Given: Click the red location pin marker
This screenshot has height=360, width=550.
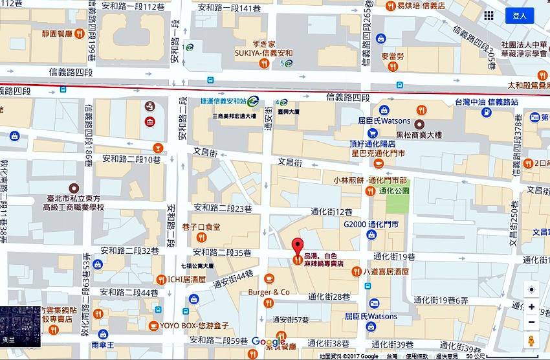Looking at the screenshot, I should (297, 247).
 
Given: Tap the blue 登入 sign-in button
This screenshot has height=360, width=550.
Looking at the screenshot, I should (519, 16).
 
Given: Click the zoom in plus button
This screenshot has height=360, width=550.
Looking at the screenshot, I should (531, 307).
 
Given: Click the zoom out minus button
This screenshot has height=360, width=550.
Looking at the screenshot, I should (531, 322).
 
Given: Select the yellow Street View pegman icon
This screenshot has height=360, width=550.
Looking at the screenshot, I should (531, 341).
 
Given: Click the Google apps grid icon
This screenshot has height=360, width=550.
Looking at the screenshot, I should (489, 16).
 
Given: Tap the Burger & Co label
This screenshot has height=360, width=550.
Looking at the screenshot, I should (269, 292).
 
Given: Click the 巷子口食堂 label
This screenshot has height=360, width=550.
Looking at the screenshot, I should (201, 227).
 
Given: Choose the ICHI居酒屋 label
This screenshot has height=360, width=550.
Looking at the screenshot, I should (186, 280).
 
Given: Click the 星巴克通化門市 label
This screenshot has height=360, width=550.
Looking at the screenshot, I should (378, 153).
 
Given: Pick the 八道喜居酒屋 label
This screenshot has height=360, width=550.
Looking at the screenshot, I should (386, 273).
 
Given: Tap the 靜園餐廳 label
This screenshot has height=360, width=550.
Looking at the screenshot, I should (56, 33).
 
